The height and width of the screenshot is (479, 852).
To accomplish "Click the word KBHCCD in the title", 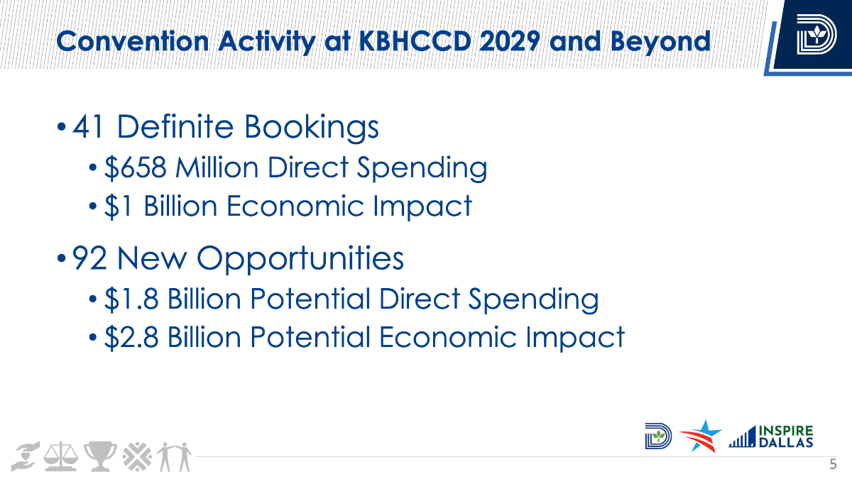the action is [x=415, y=41].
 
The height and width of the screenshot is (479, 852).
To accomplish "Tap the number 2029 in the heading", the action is [x=510, y=41].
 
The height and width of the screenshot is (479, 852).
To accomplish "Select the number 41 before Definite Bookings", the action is [x=88, y=126].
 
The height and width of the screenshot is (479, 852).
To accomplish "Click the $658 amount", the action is [x=136, y=167].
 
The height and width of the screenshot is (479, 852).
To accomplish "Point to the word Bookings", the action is [x=312, y=127].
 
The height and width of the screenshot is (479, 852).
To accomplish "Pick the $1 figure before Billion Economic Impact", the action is [x=119, y=207].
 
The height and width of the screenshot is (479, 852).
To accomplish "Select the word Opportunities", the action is [x=300, y=259].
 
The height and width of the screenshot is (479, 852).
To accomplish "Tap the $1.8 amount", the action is [x=131, y=299].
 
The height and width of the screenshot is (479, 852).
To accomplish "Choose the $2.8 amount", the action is [x=131, y=337].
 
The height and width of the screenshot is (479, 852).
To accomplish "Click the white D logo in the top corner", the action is [x=816, y=34].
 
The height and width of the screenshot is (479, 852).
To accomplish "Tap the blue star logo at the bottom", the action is [x=701, y=436].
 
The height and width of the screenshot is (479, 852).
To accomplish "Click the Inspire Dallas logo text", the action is [x=786, y=436].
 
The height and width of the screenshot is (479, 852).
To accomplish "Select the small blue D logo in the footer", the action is [x=658, y=436].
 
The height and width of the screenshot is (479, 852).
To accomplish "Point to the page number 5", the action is [x=833, y=464].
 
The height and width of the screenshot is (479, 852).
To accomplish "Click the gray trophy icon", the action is [x=100, y=456].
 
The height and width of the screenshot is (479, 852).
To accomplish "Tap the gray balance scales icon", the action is [x=61, y=456].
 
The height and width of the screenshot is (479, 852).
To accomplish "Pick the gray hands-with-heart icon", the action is [x=25, y=456].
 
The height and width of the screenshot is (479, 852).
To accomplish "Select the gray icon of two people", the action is [x=175, y=456].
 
